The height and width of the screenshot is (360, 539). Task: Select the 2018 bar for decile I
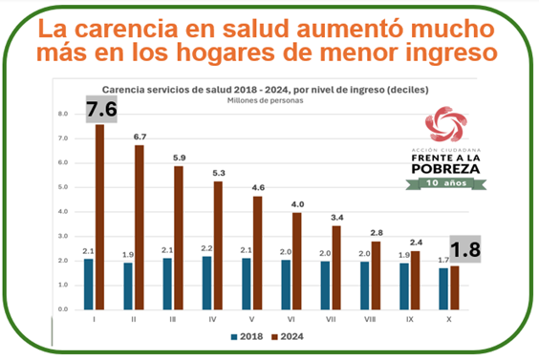tap(88, 284)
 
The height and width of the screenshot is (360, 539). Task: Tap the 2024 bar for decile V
tap(258, 253)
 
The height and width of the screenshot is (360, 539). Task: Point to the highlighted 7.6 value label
tap(100, 110)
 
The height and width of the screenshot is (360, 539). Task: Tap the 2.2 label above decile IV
tap(205, 247)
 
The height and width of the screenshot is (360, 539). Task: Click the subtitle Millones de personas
tap(252, 98)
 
